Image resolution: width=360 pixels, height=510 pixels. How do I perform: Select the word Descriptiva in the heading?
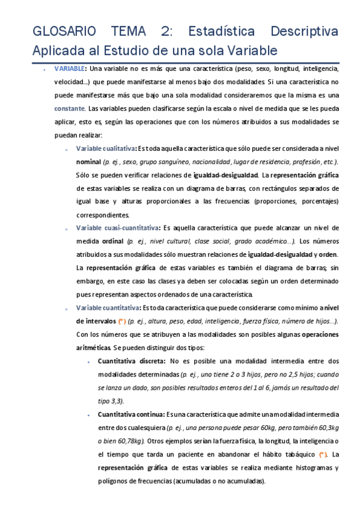[305, 31]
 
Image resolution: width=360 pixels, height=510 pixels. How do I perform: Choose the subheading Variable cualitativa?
[106, 149]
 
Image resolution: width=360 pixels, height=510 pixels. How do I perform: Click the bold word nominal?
[88, 162]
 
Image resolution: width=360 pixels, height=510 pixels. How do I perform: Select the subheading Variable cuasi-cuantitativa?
[118, 228]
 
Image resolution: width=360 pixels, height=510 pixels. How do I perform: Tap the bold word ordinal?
[112, 241]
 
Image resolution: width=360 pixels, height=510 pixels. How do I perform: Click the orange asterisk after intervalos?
[121, 321]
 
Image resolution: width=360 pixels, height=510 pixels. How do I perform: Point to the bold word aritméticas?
[96, 347]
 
